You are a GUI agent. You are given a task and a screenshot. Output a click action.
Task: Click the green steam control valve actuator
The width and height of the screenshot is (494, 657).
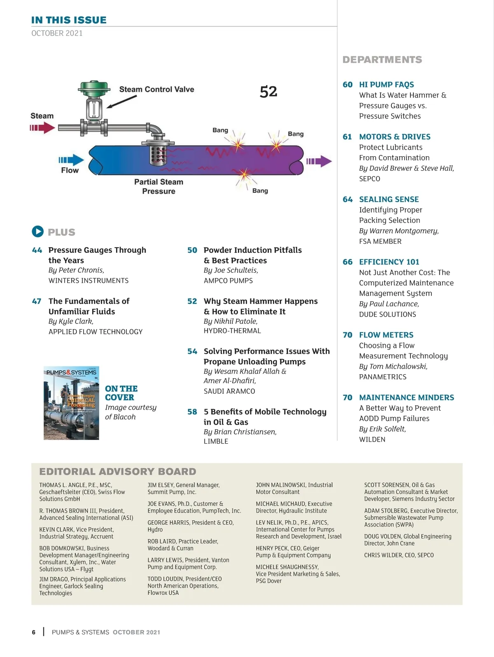[x=95, y=87]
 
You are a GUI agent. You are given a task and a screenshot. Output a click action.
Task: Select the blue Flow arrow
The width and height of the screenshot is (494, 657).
[x=71, y=160]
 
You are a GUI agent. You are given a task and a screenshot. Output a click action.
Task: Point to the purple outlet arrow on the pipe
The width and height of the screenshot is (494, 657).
[x=319, y=161]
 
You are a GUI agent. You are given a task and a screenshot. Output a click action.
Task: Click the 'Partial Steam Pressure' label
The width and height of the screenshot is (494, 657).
[x=158, y=186]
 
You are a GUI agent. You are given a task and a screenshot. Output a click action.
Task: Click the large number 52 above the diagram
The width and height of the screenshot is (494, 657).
[x=268, y=92]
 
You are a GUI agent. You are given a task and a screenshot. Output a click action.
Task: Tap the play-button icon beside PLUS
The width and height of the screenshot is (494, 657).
[x=37, y=231]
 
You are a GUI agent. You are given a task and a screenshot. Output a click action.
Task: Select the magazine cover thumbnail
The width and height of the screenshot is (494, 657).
[x=72, y=403]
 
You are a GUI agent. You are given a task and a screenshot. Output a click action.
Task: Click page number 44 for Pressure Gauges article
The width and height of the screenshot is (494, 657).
[x=37, y=250]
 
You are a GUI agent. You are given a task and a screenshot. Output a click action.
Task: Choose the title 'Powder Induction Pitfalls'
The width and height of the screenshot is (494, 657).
[x=252, y=250]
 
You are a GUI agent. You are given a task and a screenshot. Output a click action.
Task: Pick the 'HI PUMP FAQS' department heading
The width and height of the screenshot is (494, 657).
[x=386, y=85]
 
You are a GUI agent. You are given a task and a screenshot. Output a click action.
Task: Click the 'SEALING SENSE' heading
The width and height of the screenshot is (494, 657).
[x=389, y=199]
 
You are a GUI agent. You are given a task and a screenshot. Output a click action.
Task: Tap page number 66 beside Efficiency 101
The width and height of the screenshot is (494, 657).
[x=347, y=262]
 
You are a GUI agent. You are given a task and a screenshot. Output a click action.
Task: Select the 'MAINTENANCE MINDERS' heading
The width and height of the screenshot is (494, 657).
[x=406, y=398]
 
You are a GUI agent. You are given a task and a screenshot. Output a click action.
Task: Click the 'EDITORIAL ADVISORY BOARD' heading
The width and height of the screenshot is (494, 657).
[x=118, y=472]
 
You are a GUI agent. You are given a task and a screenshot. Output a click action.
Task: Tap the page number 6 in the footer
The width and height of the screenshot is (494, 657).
[x=34, y=632]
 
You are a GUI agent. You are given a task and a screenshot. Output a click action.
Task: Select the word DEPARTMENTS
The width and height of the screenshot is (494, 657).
[x=382, y=60]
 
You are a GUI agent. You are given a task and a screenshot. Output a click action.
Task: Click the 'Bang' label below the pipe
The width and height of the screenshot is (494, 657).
[x=260, y=191]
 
